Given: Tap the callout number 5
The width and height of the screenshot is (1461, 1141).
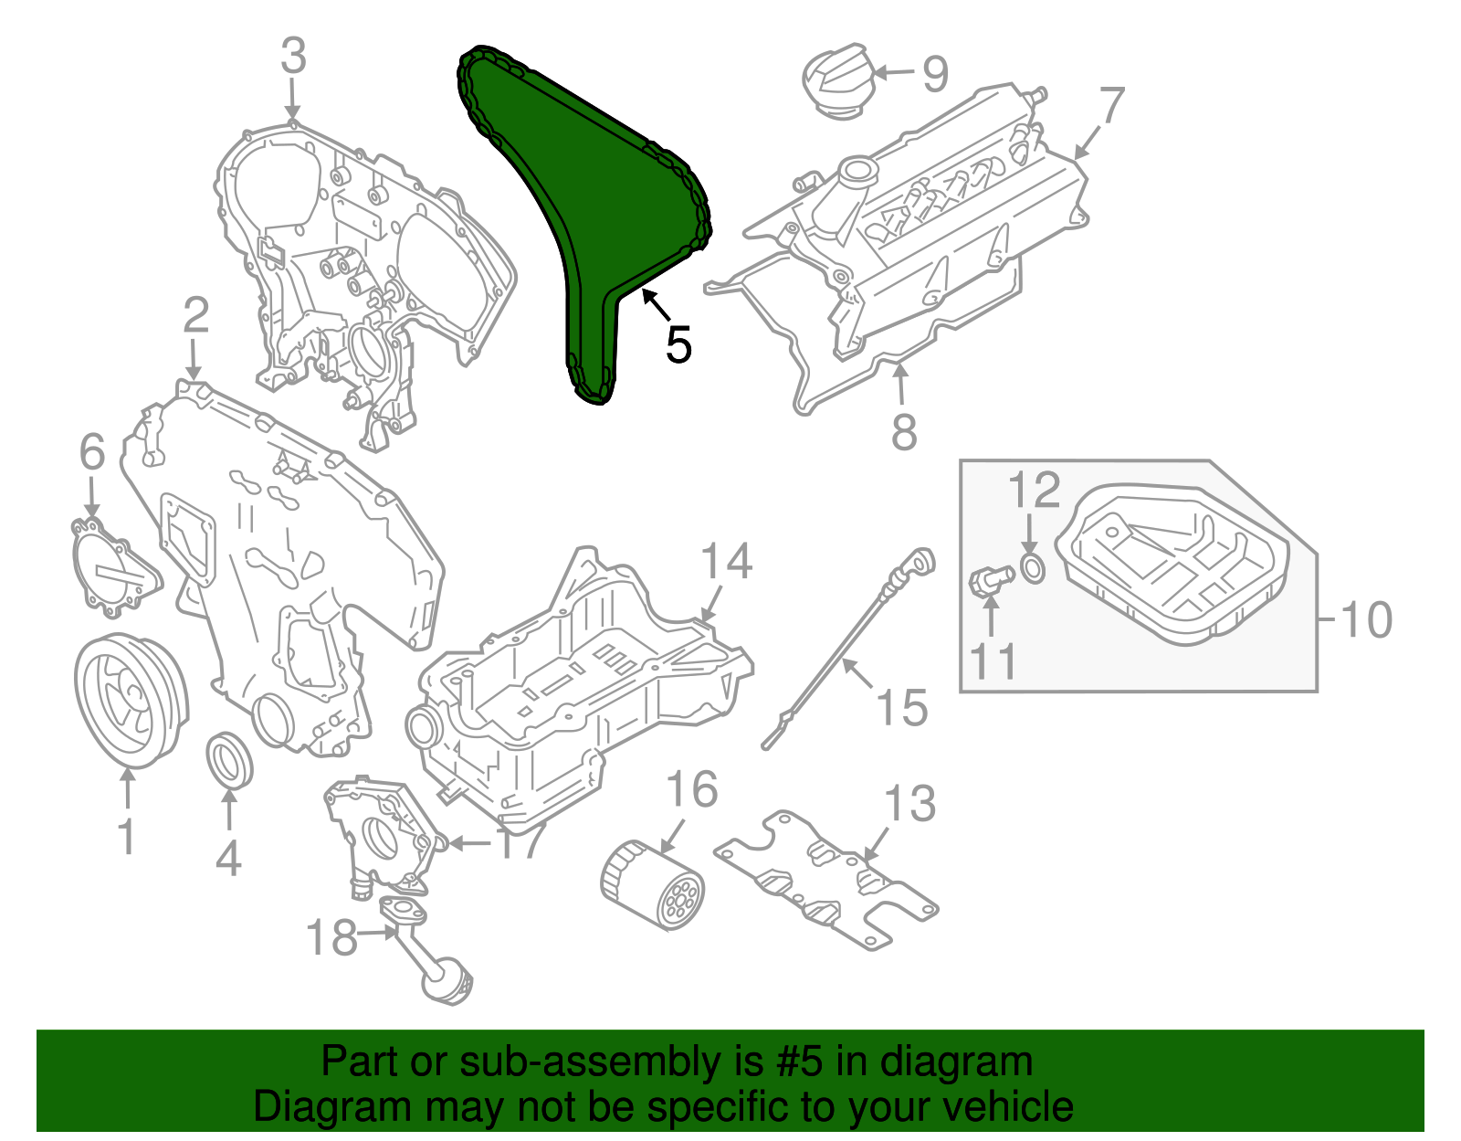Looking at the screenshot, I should pos(678,345).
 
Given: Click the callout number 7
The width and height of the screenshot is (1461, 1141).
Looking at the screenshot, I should pos(1110,107).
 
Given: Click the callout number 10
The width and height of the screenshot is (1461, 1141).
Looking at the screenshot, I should pos(1366,620).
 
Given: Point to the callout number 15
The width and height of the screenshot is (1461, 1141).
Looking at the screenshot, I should pos(902,708).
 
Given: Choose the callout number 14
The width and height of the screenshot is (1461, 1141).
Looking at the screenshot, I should pos(727,562).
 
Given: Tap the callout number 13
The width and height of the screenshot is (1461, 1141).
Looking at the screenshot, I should pos(910,804).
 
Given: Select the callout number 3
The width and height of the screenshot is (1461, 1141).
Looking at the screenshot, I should pos(293,57).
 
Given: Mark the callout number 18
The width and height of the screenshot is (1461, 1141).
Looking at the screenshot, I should pos(331,938).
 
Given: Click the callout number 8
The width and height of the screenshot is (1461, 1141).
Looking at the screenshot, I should pos(903,432).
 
